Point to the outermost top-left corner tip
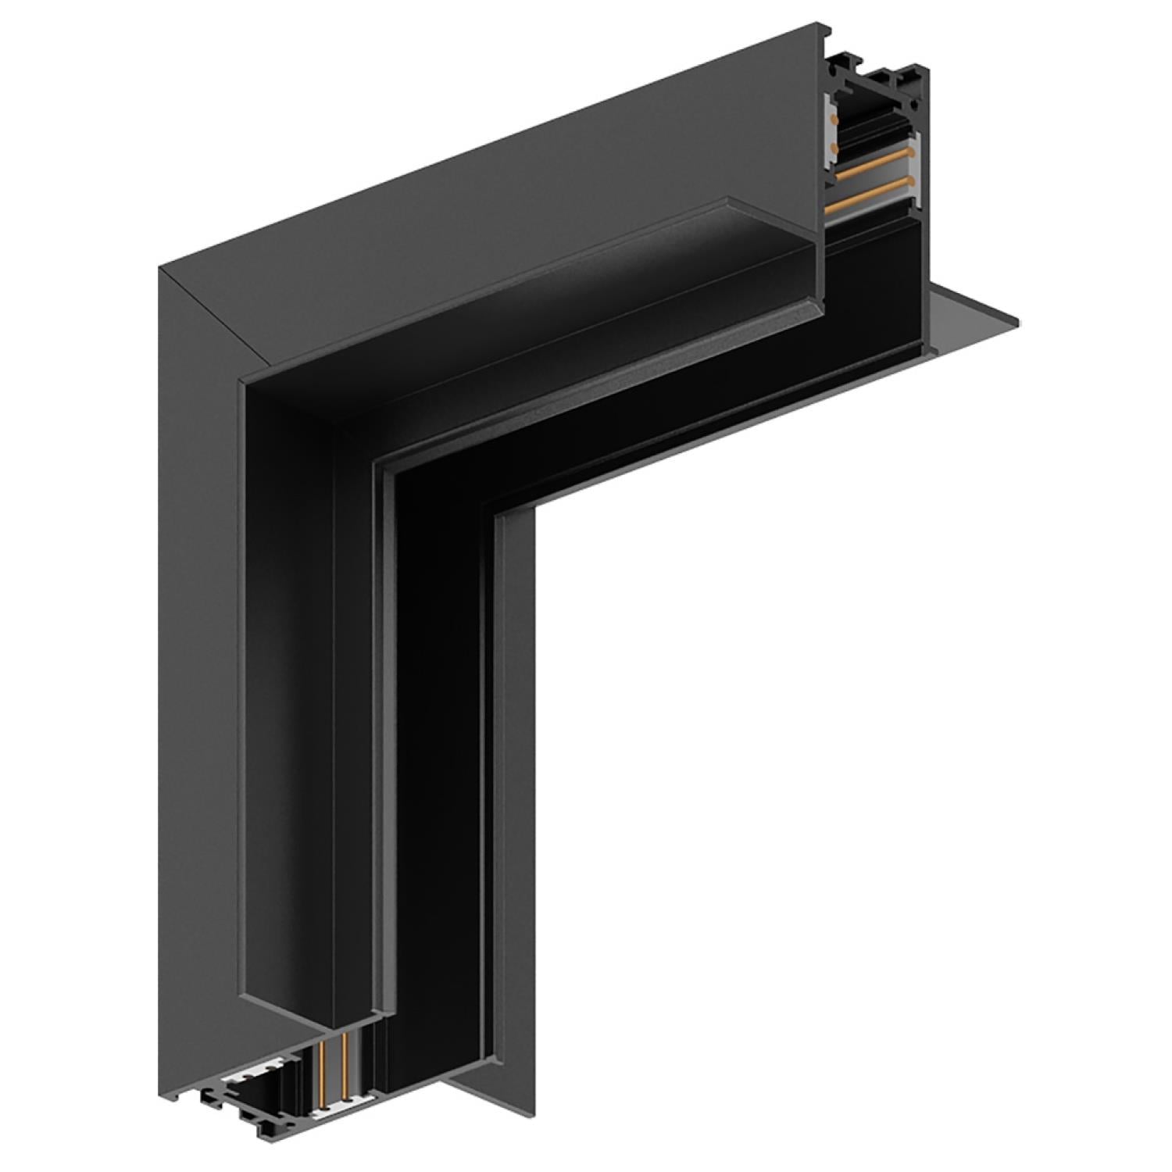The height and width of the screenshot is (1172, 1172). tap(159, 268)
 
